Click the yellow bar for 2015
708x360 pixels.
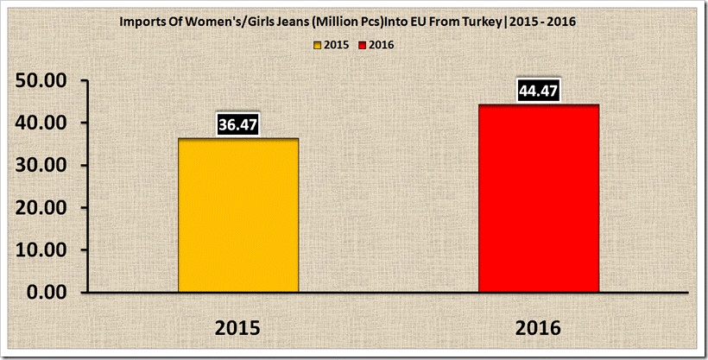click(x=238, y=216)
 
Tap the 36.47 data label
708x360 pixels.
click(x=238, y=124)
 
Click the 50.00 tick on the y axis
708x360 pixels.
click(x=44, y=81)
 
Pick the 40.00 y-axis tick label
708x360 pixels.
click(x=44, y=123)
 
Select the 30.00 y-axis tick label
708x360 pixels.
click(x=44, y=166)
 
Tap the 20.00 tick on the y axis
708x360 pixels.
click(x=44, y=208)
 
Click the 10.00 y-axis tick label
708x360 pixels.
click(x=44, y=250)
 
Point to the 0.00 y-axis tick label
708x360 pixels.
click(x=50, y=293)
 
